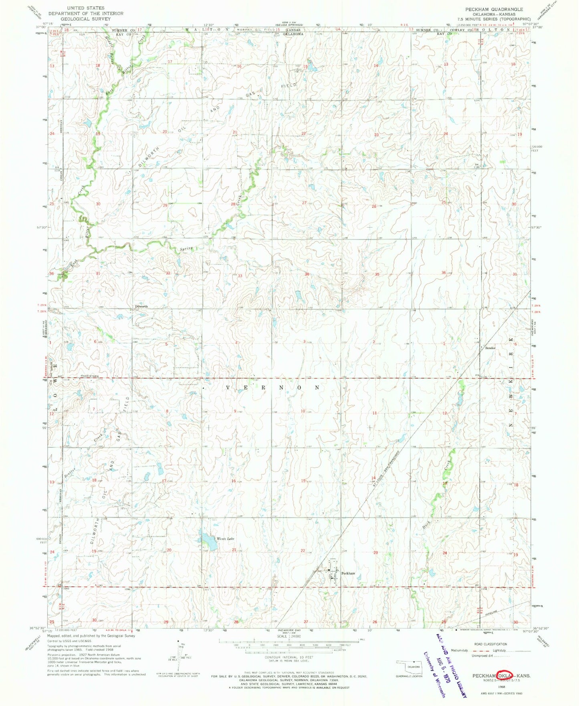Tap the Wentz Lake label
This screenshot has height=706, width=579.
[x=225, y=539]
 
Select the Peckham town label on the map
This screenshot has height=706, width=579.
[x=348, y=573]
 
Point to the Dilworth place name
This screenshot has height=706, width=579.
[x=141, y=306]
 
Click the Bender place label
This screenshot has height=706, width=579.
[x=490, y=348]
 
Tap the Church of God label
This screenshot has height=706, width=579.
[x=89, y=376]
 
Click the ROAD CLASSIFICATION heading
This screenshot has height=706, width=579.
[x=484, y=644]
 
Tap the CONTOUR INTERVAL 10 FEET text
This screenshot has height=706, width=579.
[x=289, y=657]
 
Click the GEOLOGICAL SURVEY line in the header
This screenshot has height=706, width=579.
[x=85, y=18]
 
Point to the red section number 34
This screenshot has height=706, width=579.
[x=307, y=274]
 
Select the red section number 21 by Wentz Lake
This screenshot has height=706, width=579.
[x=234, y=550]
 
